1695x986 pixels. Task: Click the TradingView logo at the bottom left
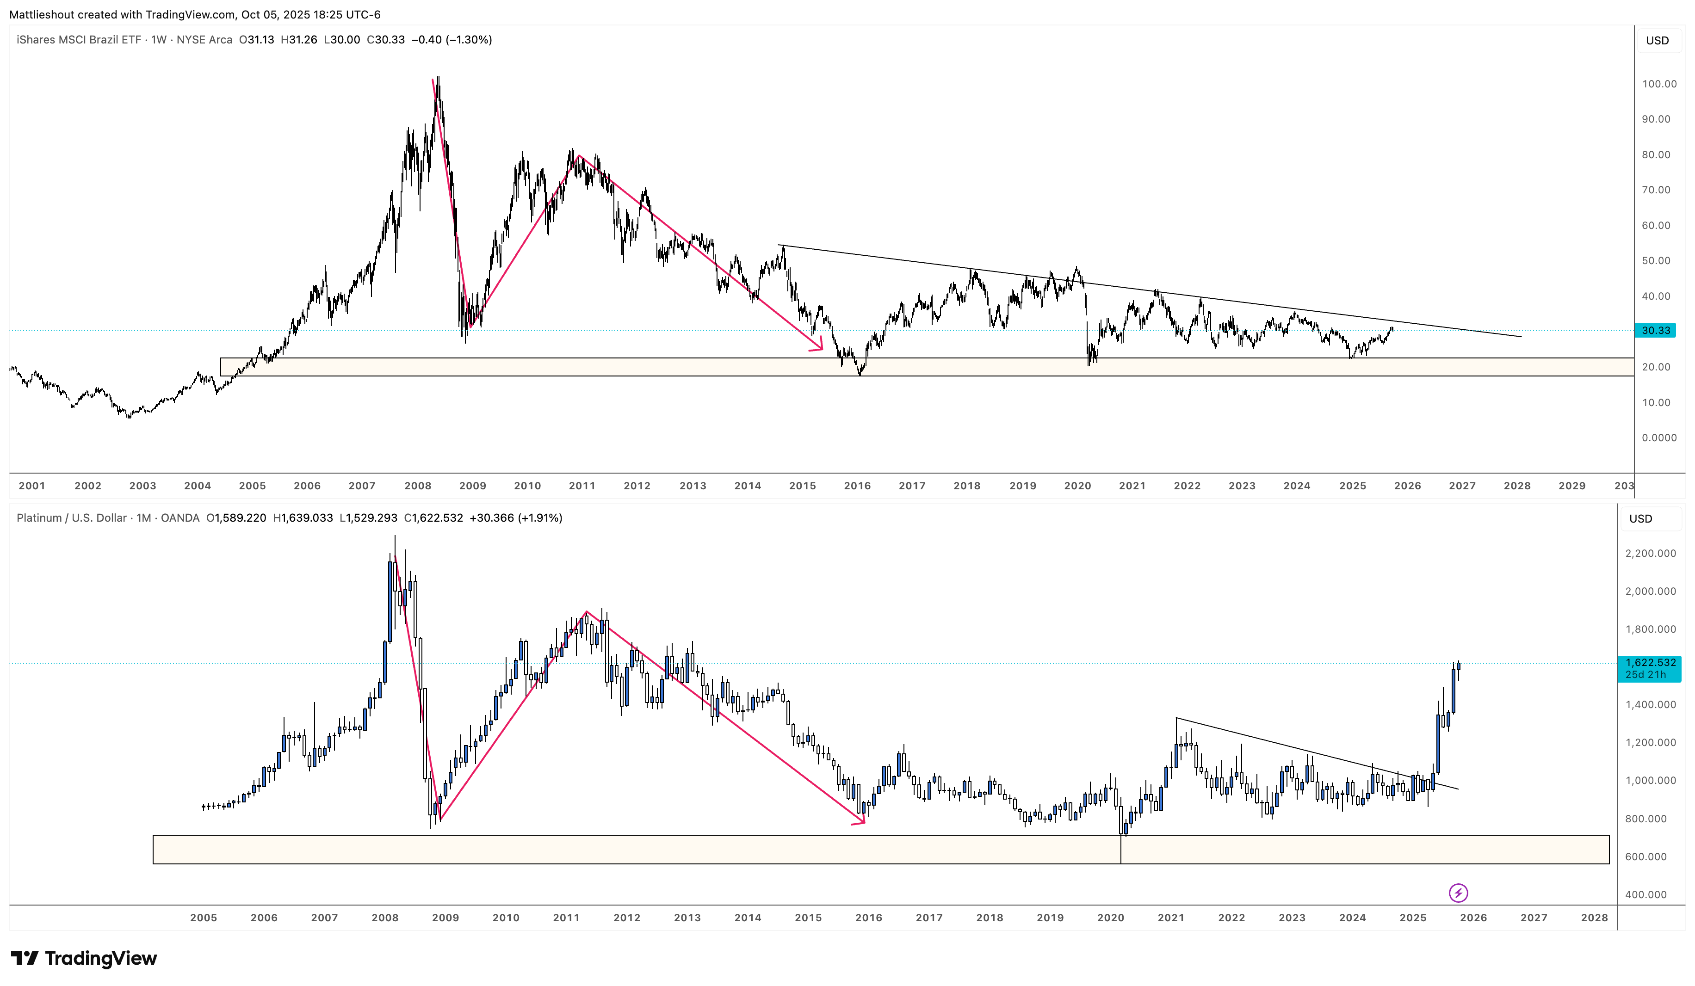coord(84,958)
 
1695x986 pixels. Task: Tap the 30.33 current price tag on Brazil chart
coord(1655,330)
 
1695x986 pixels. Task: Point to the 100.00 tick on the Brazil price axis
coord(1658,84)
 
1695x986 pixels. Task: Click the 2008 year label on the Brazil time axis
coord(418,486)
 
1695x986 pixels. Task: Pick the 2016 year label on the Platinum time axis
coord(868,918)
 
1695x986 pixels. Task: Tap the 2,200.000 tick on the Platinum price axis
coord(1650,554)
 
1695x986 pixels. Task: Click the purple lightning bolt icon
coord(1458,893)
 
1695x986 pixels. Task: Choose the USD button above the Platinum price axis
coord(1640,518)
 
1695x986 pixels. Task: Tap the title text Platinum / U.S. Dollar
coord(71,518)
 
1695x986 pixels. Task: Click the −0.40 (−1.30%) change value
coord(452,40)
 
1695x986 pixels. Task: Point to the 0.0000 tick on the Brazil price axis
coord(1658,438)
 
